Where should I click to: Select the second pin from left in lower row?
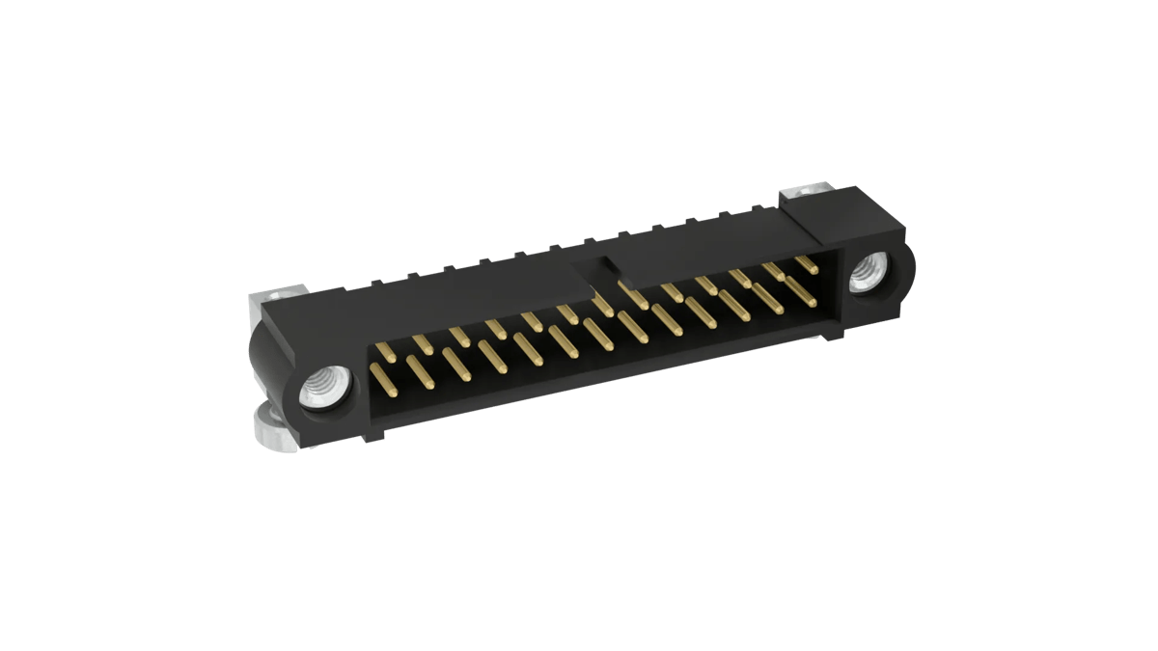[x=418, y=368]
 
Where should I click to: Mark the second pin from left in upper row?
[x=422, y=342]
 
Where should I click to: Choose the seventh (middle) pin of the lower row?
[x=596, y=334]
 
